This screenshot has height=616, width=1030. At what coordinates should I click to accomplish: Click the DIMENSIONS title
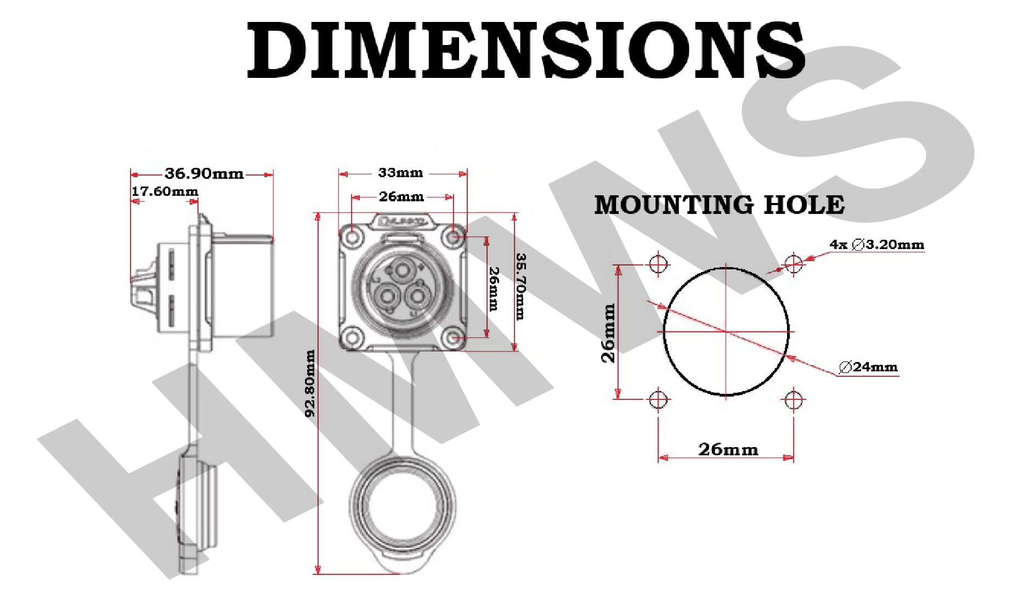click(x=525, y=50)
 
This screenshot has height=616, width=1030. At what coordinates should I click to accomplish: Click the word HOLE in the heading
click(x=804, y=205)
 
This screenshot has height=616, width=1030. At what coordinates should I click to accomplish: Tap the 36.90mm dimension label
click(x=204, y=174)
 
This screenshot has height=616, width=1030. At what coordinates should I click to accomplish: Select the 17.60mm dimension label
click(x=165, y=191)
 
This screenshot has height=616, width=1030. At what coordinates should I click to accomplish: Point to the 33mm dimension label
click(x=400, y=173)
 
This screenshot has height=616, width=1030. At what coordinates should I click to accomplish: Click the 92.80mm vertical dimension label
click(x=310, y=383)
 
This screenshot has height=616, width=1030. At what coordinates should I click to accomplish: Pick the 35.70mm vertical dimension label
click(x=520, y=286)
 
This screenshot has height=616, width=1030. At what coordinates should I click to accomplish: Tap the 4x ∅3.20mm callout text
click(x=876, y=245)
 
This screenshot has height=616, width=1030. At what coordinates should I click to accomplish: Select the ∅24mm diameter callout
click(x=868, y=367)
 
